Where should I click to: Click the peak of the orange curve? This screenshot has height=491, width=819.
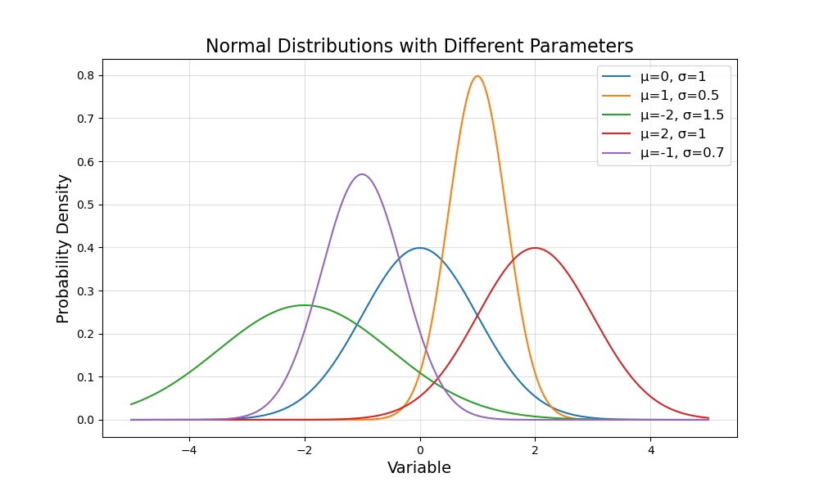click(x=477, y=76)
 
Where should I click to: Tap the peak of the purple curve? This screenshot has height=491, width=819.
click(x=362, y=174)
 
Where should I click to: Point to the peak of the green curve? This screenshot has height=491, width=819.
click(x=305, y=305)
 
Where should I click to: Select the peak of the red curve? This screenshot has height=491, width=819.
click(x=536, y=248)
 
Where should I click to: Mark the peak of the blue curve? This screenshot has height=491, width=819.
click(x=420, y=248)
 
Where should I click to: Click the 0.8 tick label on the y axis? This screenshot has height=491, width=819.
click(x=85, y=75)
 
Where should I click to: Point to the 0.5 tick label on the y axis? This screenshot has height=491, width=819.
click(x=85, y=205)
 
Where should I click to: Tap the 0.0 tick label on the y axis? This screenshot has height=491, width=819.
click(x=85, y=420)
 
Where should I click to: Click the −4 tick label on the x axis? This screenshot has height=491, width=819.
click(x=189, y=449)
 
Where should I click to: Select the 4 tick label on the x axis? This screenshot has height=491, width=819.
click(x=651, y=449)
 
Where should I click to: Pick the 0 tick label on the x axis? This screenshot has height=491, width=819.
click(x=420, y=449)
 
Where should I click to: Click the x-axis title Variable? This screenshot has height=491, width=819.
click(x=419, y=468)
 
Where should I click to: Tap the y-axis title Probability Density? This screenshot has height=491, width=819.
click(x=63, y=248)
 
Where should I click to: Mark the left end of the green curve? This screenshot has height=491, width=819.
click(x=131, y=404)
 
